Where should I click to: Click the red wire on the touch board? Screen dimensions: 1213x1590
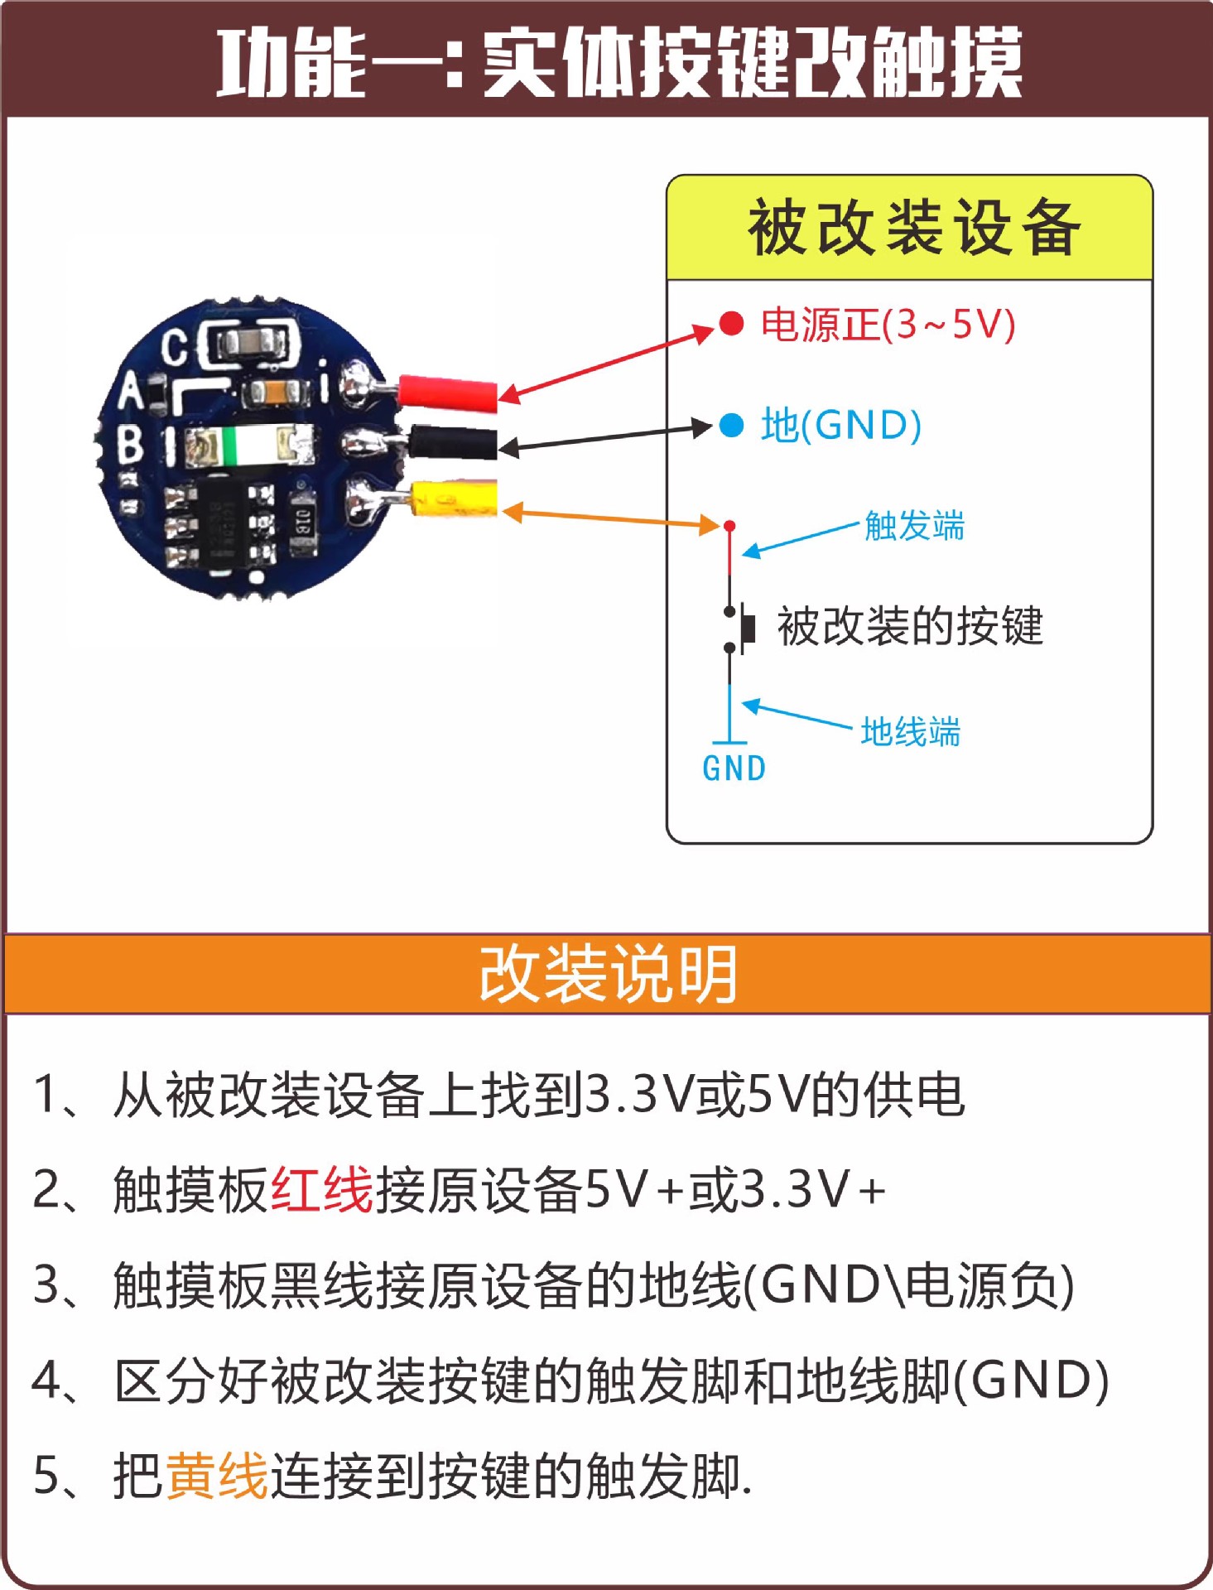(x=447, y=392)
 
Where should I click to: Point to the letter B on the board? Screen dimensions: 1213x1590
(x=130, y=444)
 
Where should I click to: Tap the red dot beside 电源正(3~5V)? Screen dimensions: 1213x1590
(x=731, y=323)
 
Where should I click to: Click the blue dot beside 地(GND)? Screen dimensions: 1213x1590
(x=731, y=426)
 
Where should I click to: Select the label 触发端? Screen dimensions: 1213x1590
(x=914, y=526)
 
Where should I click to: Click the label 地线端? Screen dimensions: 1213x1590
(x=910, y=732)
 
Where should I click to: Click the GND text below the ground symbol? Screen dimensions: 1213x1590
(x=734, y=768)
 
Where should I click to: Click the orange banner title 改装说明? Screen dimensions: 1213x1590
(x=608, y=974)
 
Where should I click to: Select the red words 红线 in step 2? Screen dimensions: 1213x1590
(x=322, y=1190)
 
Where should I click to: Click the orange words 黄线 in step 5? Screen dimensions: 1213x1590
(x=217, y=1476)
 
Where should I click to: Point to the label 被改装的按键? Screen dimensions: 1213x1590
(x=909, y=626)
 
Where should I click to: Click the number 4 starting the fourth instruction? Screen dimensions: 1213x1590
(x=45, y=1380)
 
